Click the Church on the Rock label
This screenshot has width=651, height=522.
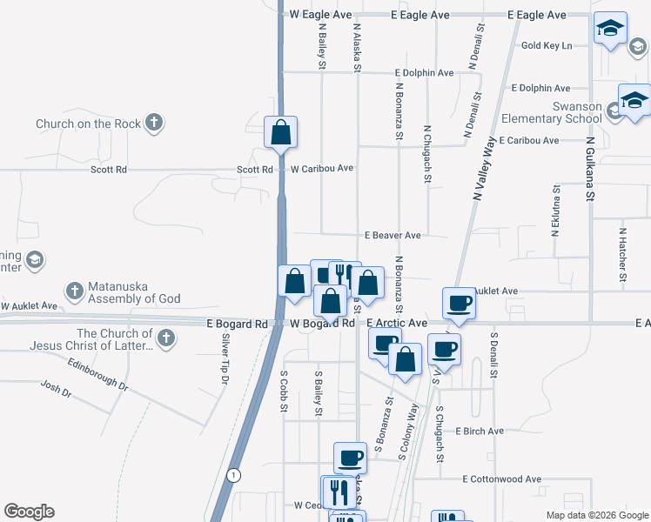point(88,124)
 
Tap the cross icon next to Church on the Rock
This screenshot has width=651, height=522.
point(154,123)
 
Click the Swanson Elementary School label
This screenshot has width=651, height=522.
point(564,112)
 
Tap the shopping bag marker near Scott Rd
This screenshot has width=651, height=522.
point(281,133)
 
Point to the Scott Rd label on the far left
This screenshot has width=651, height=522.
point(109,170)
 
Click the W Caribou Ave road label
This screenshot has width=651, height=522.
point(322,168)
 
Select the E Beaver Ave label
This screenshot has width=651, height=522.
point(393,235)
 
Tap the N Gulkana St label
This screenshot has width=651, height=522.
point(589,169)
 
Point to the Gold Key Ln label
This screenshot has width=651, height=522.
point(547,45)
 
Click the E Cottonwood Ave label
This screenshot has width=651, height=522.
point(502,478)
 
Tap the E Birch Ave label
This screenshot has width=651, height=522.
point(480,431)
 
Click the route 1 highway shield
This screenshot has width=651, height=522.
point(233,475)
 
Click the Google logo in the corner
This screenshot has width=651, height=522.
point(29,512)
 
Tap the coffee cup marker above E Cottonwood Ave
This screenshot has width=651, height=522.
point(350,458)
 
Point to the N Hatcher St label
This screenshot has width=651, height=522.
point(623,256)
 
